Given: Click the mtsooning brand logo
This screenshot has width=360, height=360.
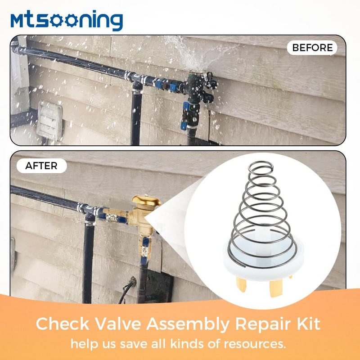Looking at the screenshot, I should (67, 21).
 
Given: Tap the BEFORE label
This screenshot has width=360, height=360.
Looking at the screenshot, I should (312, 47).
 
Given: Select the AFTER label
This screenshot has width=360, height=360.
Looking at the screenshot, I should (41, 166).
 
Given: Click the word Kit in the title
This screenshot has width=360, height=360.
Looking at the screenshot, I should (308, 324).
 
